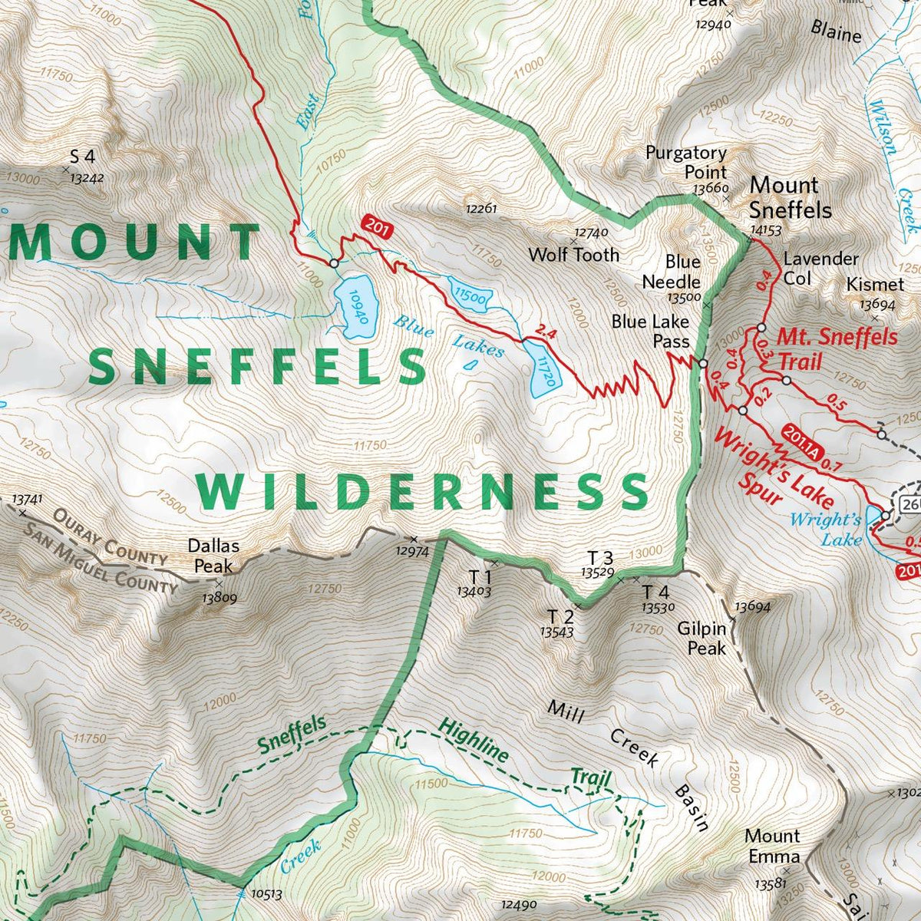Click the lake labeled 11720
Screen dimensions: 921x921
point(544,369)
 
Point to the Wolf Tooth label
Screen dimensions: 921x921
point(573,254)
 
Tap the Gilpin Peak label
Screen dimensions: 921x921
point(701,639)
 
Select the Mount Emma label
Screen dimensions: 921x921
point(772,846)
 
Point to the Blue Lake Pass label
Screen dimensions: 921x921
point(650,332)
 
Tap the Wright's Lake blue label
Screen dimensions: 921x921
point(825,530)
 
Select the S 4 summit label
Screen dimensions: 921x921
point(82,157)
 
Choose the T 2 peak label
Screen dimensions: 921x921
point(560,616)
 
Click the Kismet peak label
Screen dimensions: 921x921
point(870,285)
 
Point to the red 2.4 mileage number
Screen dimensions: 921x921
point(543,332)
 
